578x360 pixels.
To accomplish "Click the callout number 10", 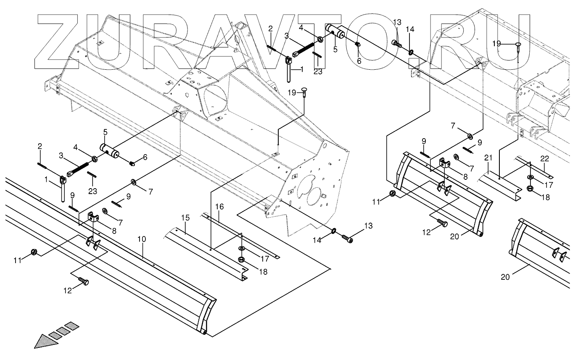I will tap(142, 239).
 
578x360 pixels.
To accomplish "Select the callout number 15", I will tap(186, 218).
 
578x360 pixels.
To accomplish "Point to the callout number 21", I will tap(488, 158).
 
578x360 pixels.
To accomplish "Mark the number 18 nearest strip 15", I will tap(263, 272).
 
